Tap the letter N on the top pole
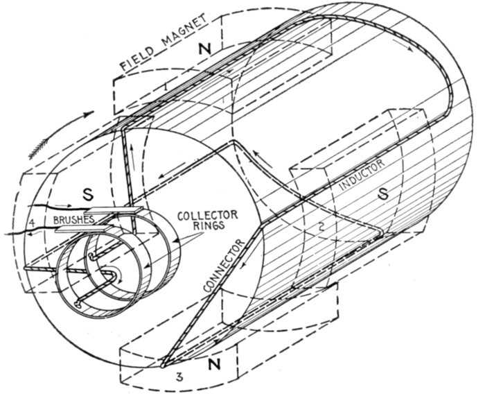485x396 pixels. (203, 51)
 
